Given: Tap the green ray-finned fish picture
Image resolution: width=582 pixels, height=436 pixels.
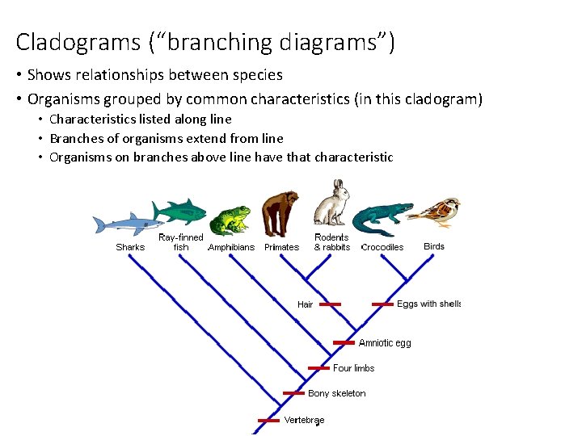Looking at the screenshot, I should [179, 212].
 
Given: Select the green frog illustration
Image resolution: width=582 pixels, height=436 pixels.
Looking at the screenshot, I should [230, 219].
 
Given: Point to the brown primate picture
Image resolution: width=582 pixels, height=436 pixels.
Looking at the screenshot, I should [280, 213].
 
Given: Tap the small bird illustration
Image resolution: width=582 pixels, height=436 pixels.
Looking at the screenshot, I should [436, 212].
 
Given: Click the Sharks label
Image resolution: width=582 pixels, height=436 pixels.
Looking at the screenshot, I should [130, 247].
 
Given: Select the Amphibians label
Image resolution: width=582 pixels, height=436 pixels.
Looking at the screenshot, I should [231, 248].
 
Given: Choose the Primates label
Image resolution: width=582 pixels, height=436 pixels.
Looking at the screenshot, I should [281, 248].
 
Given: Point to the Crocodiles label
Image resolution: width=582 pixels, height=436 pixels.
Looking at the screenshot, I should [382, 247].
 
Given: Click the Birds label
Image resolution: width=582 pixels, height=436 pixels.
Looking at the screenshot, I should [434, 246].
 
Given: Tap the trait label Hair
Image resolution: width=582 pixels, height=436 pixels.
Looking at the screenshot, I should [305, 304].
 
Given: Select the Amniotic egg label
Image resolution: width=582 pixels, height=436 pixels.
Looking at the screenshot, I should [385, 343].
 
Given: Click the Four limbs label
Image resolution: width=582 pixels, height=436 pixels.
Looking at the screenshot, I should [354, 368].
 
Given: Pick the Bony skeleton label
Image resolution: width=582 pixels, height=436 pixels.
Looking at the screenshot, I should [336, 393].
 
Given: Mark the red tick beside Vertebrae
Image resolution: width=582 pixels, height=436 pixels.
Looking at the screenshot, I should [268, 420].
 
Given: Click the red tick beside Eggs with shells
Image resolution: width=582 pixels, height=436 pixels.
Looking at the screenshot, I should [383, 304].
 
